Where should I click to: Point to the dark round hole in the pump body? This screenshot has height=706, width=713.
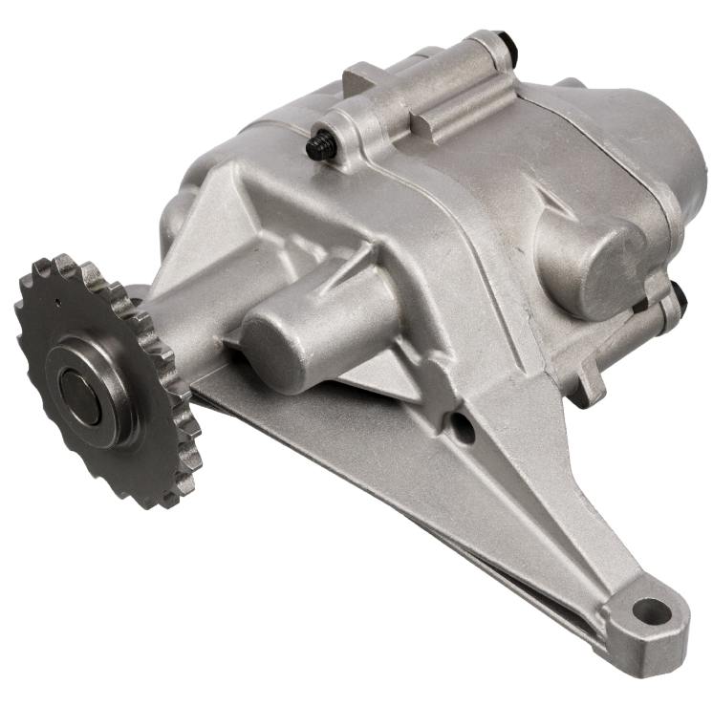tap(463, 429)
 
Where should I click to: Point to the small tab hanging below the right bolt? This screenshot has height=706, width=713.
tap(589, 387)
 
